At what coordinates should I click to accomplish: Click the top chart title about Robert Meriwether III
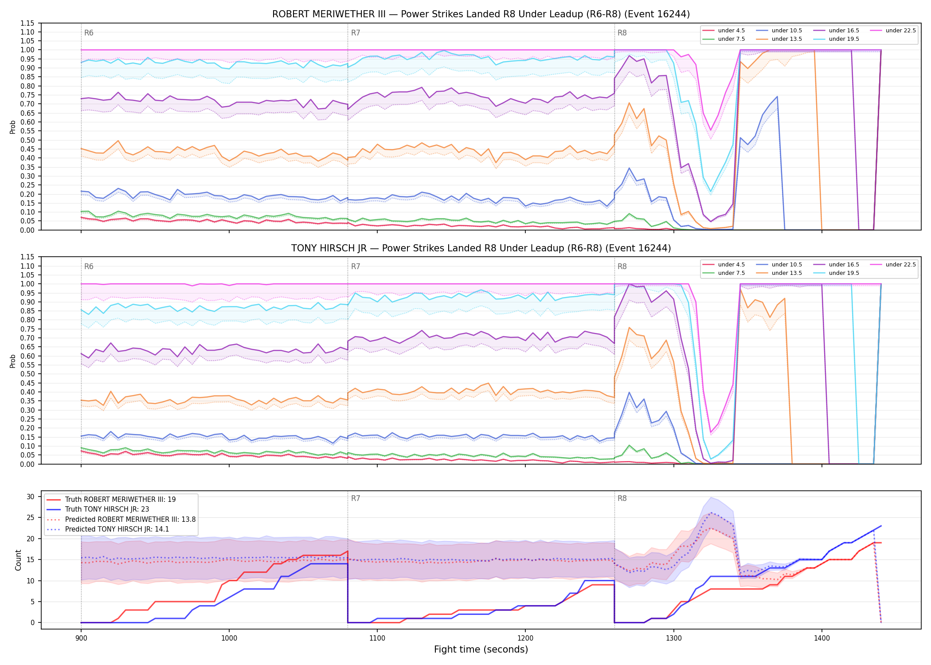tap(481, 14)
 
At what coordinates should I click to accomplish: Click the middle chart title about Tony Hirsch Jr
tap(481, 248)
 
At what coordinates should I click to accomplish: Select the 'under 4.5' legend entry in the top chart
tap(724, 31)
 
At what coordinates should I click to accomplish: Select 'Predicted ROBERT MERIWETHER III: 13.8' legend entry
tap(121, 519)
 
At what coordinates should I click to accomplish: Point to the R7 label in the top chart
tap(356, 33)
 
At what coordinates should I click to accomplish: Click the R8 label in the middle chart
tap(622, 266)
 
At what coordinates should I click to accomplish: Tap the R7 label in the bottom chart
tap(356, 498)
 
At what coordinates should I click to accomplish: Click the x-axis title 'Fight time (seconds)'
tap(481, 649)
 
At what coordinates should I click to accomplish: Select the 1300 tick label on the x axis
tap(674, 638)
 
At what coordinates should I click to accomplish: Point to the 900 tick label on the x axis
tap(81, 638)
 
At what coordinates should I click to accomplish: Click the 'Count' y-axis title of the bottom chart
tap(19, 560)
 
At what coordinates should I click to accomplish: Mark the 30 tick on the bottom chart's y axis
tap(31, 497)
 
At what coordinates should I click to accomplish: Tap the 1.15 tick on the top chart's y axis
tap(27, 23)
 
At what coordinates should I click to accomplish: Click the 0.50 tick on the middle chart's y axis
tap(27, 374)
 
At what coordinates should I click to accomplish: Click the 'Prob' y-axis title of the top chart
tap(13, 127)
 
